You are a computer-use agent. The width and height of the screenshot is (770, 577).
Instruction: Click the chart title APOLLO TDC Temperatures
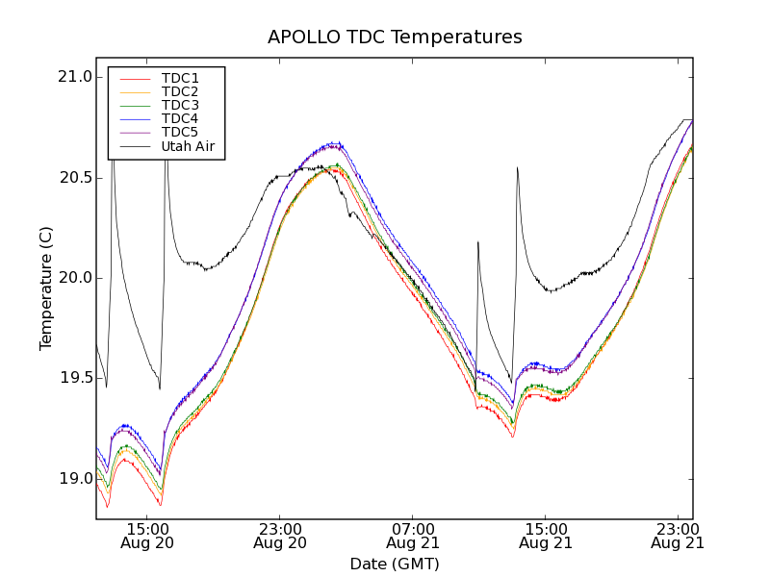[x=395, y=38]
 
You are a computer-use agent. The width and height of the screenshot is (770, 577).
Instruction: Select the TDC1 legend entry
[x=180, y=79]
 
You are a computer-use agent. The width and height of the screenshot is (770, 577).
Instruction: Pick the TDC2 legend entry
[x=180, y=92]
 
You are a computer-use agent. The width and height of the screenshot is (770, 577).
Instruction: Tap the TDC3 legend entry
[x=180, y=106]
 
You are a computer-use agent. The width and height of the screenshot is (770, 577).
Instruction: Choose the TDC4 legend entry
[x=180, y=119]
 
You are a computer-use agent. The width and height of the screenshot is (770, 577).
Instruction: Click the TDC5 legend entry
[x=180, y=133]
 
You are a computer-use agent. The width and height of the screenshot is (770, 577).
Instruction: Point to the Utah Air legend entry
[x=188, y=147]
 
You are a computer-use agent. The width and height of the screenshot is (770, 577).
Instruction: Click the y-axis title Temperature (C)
[x=46, y=288]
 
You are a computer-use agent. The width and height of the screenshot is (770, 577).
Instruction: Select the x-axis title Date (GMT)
[x=395, y=564]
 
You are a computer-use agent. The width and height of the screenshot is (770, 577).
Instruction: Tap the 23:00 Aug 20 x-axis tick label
[x=279, y=536]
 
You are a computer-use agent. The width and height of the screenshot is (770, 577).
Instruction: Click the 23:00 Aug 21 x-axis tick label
[x=678, y=536]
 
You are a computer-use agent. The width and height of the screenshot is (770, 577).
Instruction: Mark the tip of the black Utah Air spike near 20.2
[x=477, y=242]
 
